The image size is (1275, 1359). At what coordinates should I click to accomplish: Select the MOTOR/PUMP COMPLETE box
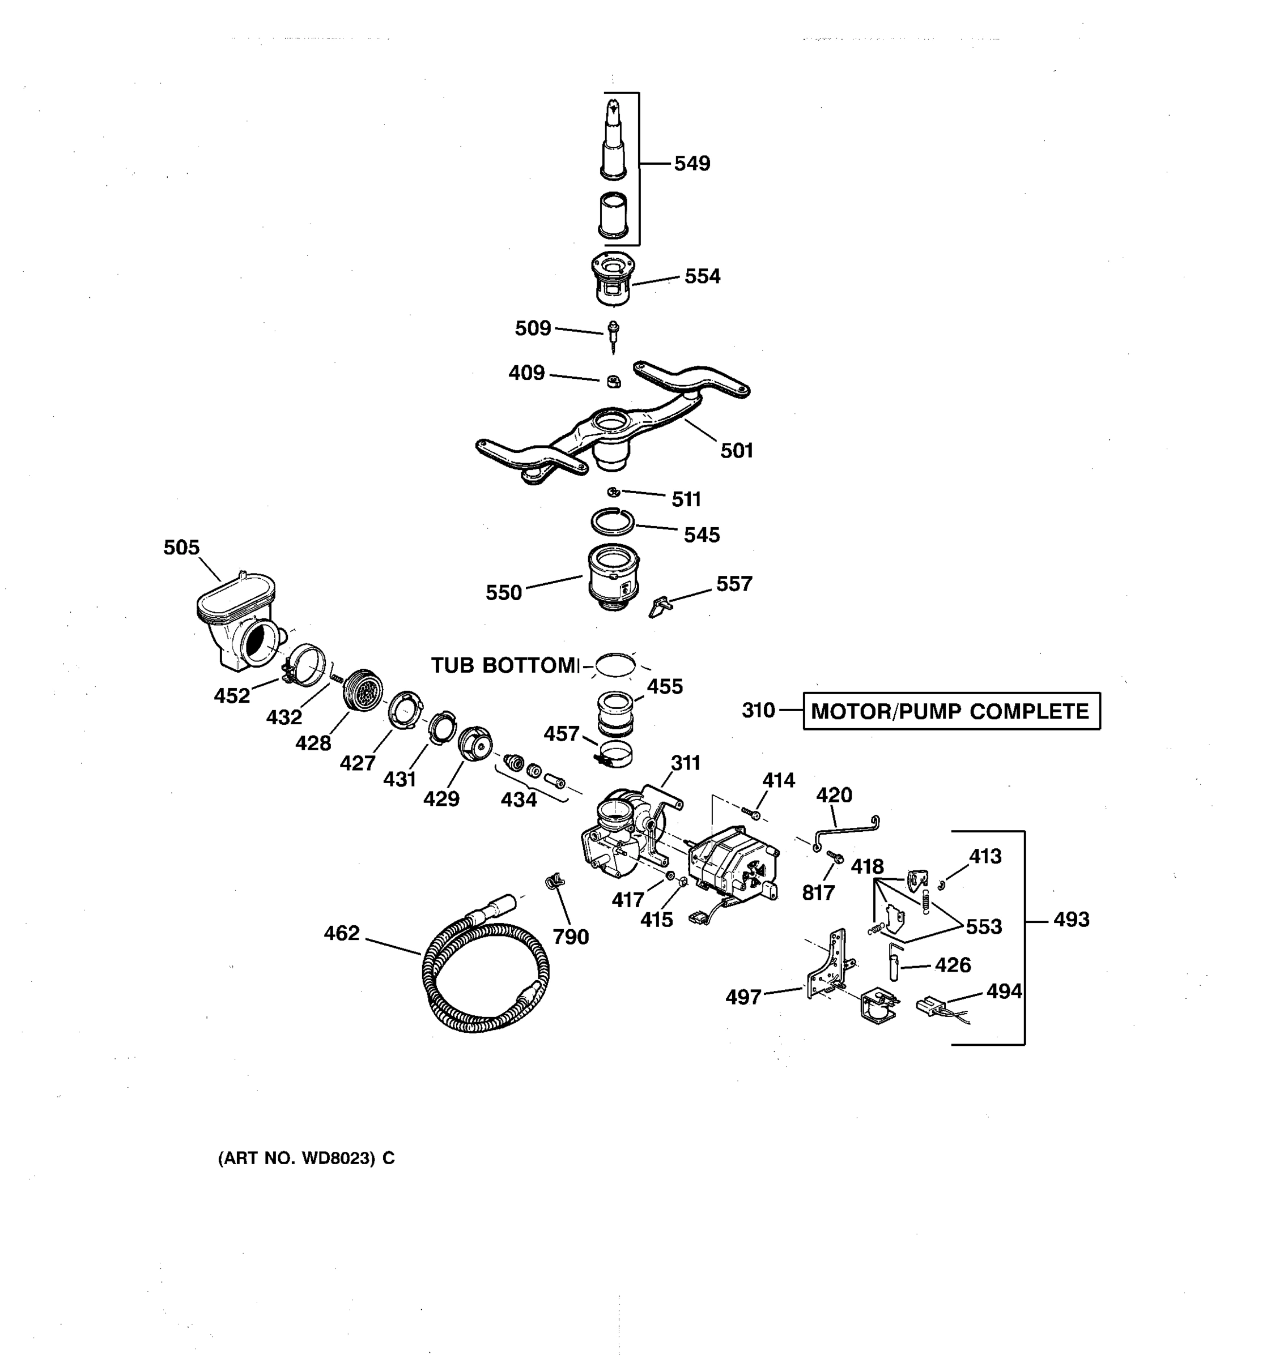tap(950, 711)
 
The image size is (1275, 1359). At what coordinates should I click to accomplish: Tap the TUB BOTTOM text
tap(504, 665)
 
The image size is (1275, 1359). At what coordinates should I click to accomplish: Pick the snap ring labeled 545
tap(613, 523)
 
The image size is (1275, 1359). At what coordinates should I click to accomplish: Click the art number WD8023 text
tap(306, 1158)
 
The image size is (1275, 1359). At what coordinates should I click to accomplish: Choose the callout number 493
tap(1070, 920)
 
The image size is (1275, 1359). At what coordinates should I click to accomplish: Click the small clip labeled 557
tap(660, 606)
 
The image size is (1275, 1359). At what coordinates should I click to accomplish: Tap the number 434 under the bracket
tap(518, 799)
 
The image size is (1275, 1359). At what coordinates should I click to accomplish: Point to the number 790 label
tap(571, 937)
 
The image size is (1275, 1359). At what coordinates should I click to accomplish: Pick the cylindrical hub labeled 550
tap(614, 576)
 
